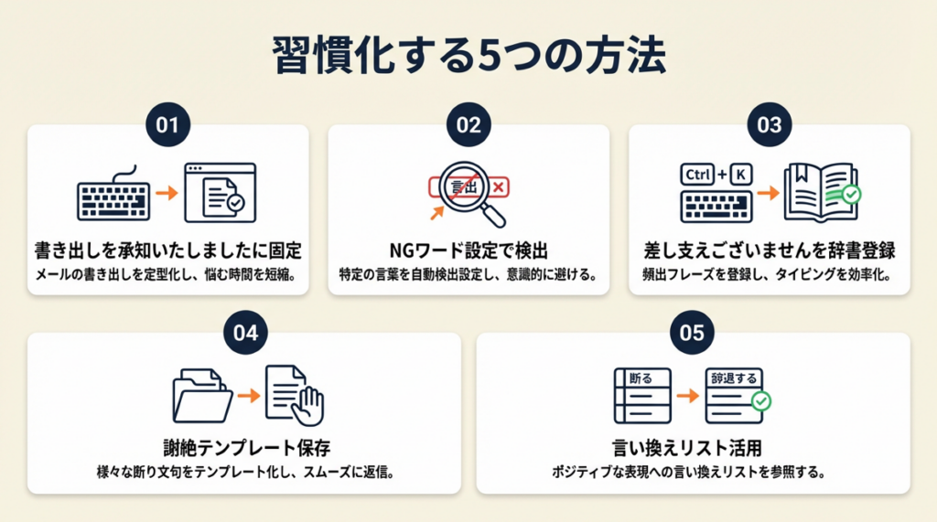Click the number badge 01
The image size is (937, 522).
(x=167, y=126)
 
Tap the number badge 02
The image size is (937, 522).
(x=468, y=126)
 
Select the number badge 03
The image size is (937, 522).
(x=769, y=126)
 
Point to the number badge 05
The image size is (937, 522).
(x=693, y=333)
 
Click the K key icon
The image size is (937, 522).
(x=739, y=174)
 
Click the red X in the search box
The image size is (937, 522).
(x=500, y=186)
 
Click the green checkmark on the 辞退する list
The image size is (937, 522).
(x=759, y=401)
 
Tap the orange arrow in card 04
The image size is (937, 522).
(x=244, y=396)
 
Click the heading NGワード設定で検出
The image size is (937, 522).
(x=468, y=250)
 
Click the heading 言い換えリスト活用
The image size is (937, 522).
(x=693, y=448)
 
